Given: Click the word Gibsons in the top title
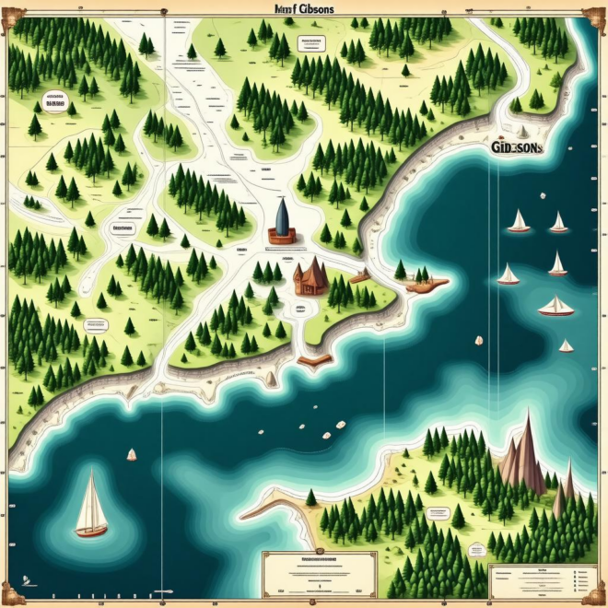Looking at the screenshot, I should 313,7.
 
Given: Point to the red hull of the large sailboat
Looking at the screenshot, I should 91,531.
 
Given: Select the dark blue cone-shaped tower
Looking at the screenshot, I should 282,217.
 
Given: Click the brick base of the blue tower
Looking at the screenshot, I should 282,238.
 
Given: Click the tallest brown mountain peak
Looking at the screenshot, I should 528,451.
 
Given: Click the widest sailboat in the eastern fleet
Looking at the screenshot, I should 556,307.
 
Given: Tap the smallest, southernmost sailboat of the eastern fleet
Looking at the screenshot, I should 566,346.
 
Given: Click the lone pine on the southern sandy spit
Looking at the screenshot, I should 311,497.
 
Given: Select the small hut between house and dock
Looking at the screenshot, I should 359,275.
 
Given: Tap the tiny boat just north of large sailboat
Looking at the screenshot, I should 132,454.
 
